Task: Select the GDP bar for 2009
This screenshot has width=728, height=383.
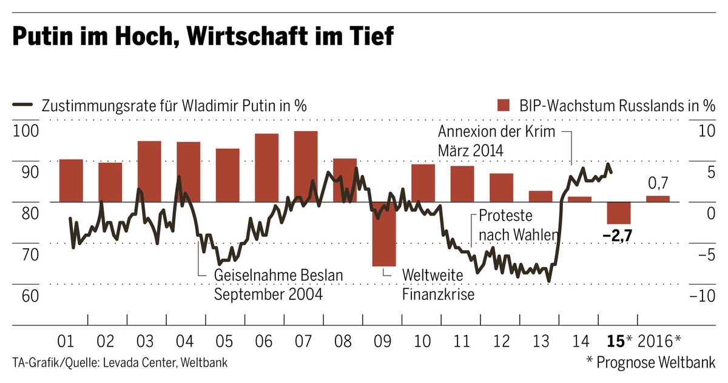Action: [384, 234]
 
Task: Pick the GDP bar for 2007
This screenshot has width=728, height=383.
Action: [306, 166]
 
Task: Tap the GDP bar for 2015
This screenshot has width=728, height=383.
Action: [619, 212]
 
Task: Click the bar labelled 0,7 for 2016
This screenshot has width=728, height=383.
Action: [658, 198]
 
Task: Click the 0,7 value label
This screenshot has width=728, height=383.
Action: [658, 183]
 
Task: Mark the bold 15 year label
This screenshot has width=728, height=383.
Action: [616, 341]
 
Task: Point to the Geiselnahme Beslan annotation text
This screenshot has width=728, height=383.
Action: [278, 276]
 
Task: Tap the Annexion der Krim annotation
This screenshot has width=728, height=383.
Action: [496, 132]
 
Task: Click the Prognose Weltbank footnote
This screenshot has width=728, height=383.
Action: [650, 362]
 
